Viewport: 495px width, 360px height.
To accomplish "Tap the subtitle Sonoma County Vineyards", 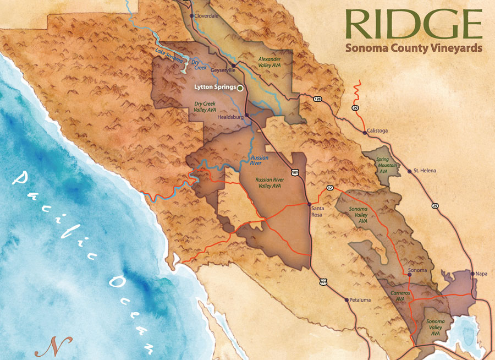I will tap(414, 48).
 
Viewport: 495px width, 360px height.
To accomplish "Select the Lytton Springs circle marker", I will tap(240, 88).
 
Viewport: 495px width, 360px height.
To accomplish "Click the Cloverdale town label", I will tap(208, 16).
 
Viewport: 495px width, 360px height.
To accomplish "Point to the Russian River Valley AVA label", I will tap(268, 183).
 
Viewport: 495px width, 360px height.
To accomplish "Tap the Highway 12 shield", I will tap(329, 188).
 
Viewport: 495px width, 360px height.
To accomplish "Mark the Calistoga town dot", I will tap(365, 132).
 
